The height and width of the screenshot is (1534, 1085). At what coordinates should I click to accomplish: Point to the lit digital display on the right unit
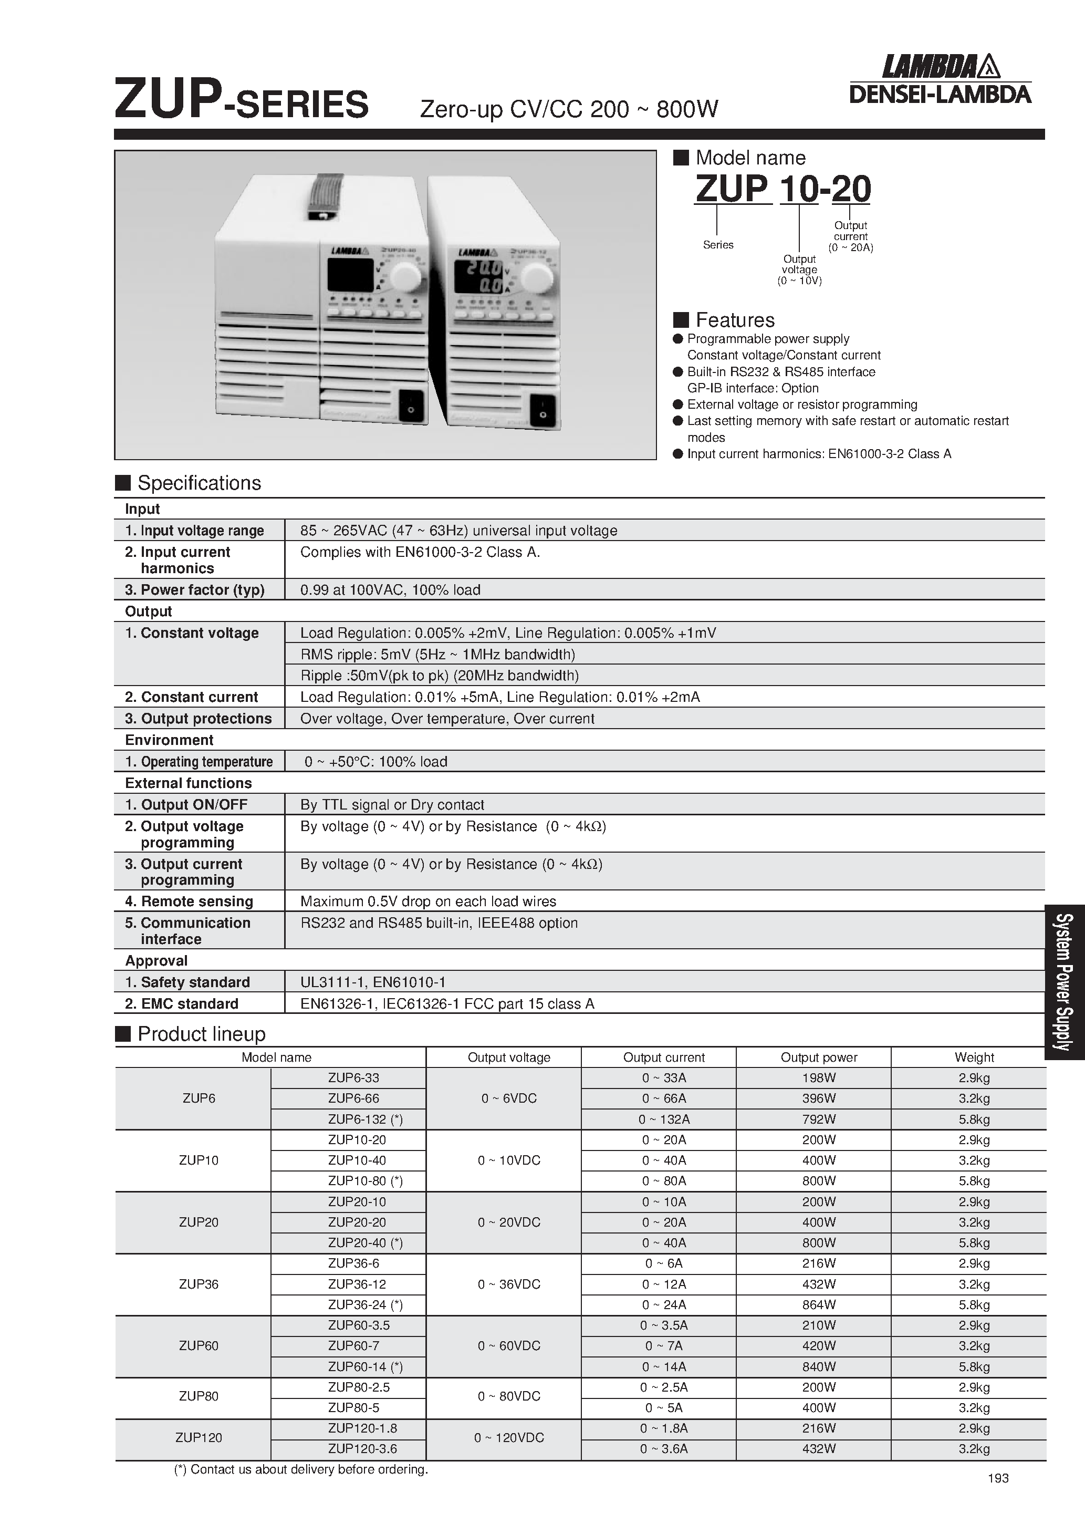point(478,278)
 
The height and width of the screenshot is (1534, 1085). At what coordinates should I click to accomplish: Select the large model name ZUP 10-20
point(783,189)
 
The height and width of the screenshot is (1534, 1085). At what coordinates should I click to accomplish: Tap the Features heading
point(734,320)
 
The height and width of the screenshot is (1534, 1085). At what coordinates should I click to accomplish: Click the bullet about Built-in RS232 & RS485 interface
point(780,372)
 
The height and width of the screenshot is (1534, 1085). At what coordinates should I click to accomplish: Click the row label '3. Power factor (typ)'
point(194,590)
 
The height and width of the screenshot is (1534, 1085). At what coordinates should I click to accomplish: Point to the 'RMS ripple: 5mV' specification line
point(437,654)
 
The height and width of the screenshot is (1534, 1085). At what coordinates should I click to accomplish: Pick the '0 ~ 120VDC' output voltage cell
point(508,1438)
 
